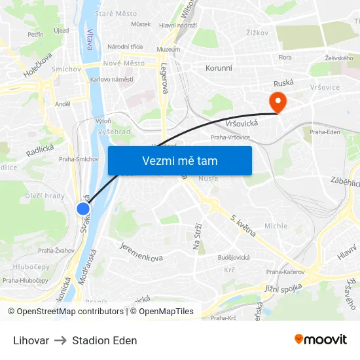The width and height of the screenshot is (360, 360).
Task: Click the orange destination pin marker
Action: click(x=278, y=100)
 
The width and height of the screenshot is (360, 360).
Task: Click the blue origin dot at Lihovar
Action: click(x=83, y=209)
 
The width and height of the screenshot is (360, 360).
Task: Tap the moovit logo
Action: click(x=320, y=340)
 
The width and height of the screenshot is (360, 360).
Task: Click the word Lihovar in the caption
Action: click(x=31, y=340)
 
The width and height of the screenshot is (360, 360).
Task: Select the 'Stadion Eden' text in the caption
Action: click(x=105, y=340)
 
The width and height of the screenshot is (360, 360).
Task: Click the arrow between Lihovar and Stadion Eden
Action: click(x=60, y=340)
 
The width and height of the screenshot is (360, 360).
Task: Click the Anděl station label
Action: click(x=63, y=103)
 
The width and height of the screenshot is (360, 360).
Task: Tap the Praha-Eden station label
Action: click(x=325, y=132)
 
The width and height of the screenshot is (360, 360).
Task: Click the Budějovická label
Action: click(x=234, y=257)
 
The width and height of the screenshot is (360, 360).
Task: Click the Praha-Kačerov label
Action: click(x=285, y=272)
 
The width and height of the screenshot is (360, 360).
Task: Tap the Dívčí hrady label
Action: click(x=45, y=195)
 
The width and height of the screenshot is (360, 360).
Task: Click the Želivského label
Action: click(x=338, y=58)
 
